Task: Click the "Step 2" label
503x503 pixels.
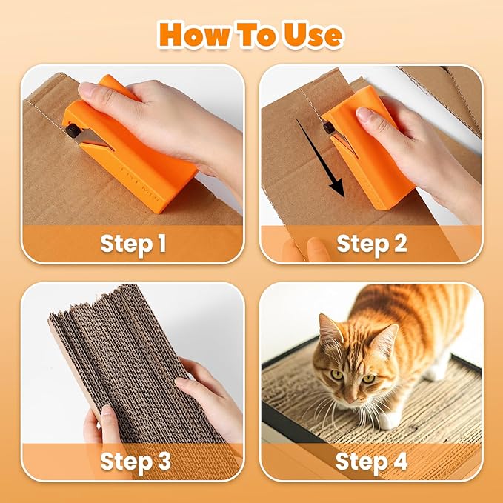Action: tap(371, 243)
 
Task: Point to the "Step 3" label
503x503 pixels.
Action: tap(135, 461)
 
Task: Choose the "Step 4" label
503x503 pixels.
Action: tap(371, 461)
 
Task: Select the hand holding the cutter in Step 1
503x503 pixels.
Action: tap(159, 111)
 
